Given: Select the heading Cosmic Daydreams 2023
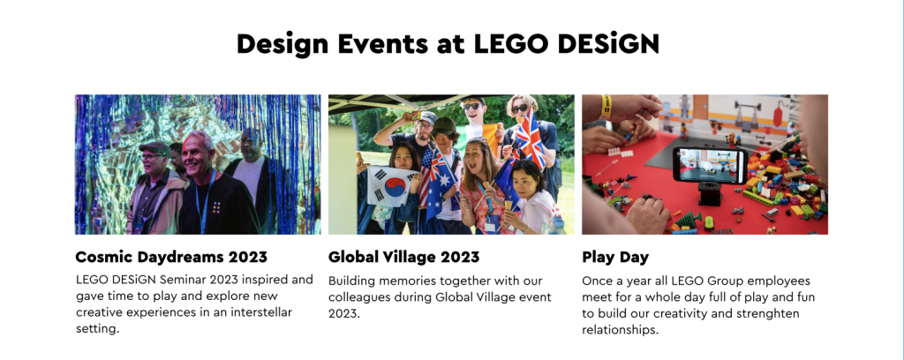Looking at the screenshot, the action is click(x=171, y=256).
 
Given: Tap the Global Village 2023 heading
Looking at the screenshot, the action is click(x=403, y=256).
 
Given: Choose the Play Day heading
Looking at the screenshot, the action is click(x=615, y=257).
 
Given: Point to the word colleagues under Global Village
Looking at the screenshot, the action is click(x=358, y=298).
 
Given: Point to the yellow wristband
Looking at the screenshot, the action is click(x=606, y=107).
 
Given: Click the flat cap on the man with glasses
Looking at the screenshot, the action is click(x=154, y=148).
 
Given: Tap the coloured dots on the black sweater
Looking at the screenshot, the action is click(x=216, y=207).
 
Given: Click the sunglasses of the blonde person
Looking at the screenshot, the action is click(x=519, y=108).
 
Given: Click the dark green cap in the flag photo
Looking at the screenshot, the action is click(x=445, y=125).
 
